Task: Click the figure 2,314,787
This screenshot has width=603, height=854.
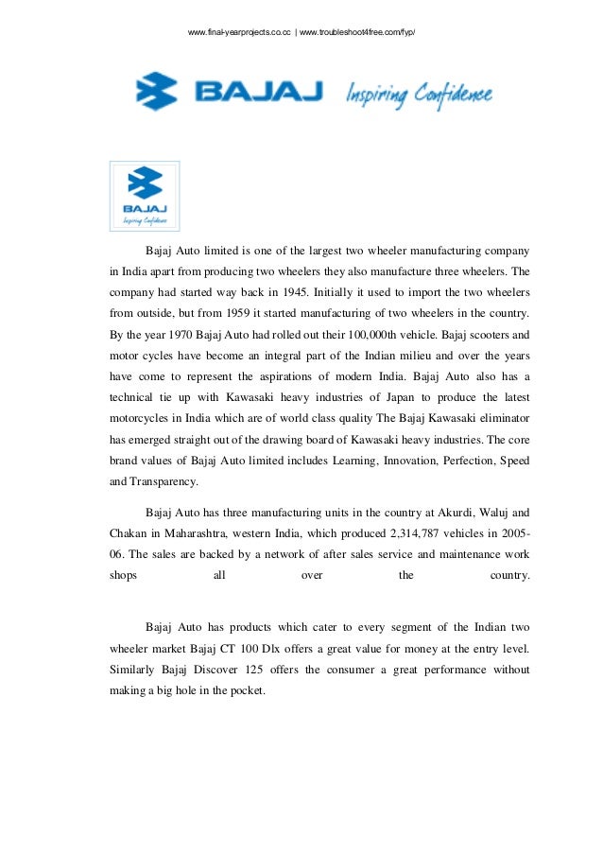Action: [x=395, y=533]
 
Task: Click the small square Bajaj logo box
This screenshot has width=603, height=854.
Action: [x=146, y=196]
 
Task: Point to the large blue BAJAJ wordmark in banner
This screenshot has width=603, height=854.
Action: [x=258, y=93]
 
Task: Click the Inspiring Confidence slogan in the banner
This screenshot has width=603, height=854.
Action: [x=420, y=94]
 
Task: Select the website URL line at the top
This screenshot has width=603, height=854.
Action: [x=301, y=33]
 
